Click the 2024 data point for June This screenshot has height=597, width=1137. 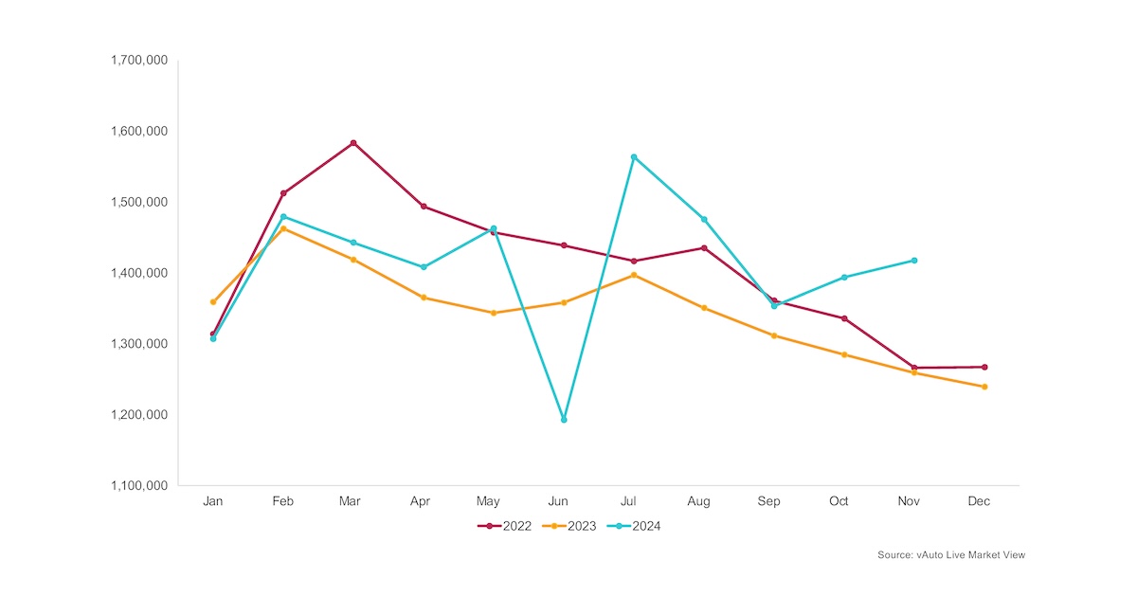[564, 420]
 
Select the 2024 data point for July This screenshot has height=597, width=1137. [634, 157]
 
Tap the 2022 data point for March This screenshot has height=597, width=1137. [353, 143]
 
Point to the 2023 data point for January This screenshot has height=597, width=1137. [213, 302]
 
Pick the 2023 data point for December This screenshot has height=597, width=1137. [984, 387]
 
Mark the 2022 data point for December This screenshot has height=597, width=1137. [984, 367]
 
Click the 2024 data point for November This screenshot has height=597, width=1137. [914, 260]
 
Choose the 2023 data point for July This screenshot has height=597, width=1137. [634, 275]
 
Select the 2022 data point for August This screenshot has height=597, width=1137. [704, 248]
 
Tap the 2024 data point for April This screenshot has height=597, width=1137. [424, 267]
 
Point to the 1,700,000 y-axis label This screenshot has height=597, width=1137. [139, 61]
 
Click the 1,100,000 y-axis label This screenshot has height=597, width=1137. [139, 486]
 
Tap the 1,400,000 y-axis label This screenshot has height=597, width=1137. [139, 273]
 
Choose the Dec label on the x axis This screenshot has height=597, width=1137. [979, 501]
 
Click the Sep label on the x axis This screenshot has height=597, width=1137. [768, 501]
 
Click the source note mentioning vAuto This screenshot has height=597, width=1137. [950, 555]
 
